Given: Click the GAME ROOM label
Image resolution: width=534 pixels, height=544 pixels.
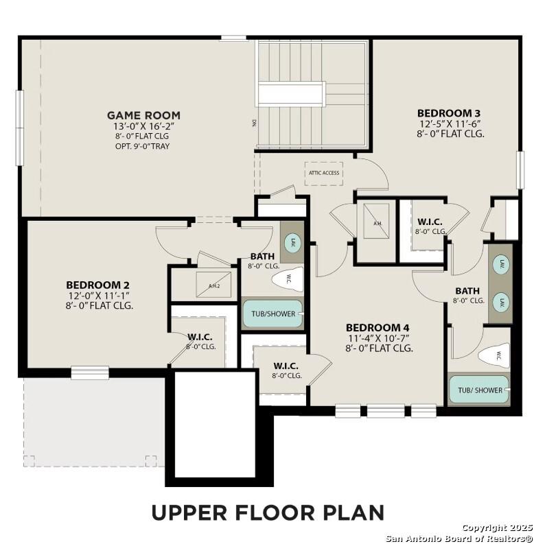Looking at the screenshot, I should point(143,115).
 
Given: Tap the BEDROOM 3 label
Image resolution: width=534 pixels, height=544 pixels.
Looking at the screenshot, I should point(448,113).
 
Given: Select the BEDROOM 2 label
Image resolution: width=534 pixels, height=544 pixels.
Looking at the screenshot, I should point(98,285).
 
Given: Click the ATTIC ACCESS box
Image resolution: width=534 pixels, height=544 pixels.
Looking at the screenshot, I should point(323,173).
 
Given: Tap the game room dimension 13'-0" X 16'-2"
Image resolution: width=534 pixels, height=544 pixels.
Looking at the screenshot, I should point(143,126).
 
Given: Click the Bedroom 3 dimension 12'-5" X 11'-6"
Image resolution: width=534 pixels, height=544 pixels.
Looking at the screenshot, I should point(450,123).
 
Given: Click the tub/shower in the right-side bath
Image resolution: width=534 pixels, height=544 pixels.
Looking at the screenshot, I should point(480,390).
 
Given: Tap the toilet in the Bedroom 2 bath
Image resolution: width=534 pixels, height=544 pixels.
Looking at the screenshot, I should point(286,279).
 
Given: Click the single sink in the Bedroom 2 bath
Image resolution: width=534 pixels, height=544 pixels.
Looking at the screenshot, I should point(291,242).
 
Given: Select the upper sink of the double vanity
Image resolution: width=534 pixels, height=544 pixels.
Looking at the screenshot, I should point(501,263).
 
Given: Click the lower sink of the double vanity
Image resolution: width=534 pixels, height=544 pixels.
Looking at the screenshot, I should point(501,301).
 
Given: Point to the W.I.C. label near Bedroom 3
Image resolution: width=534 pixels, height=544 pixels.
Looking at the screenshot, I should point(430,222).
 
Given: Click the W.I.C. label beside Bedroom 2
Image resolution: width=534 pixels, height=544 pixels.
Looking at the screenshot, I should point(200,337).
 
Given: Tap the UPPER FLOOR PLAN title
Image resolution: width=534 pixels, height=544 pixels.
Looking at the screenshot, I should point(267,512).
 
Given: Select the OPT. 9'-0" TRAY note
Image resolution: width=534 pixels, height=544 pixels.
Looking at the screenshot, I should point(143,146).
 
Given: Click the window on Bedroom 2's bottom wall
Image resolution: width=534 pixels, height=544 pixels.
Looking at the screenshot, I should point(90,372).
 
